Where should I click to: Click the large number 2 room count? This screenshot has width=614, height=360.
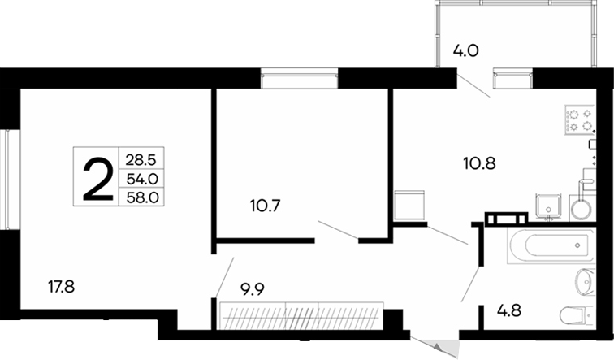point(97,178)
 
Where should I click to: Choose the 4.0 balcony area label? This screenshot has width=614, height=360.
point(465,50)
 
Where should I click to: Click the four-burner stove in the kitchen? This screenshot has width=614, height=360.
point(577,120)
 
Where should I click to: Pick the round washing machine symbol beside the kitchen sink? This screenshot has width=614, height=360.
point(582,208)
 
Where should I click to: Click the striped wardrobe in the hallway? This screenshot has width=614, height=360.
point(300,314)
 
